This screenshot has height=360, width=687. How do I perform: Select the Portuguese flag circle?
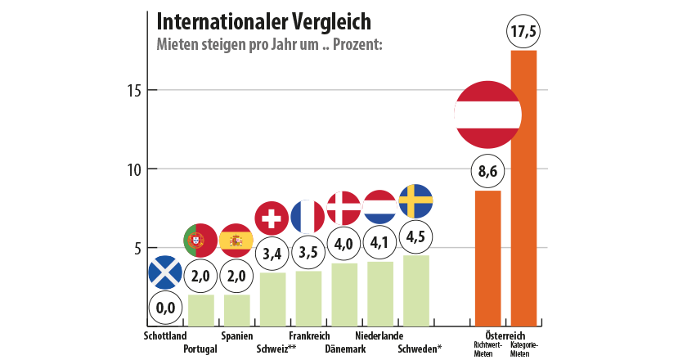coord(200,240)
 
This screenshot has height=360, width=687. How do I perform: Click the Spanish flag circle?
coord(236,240)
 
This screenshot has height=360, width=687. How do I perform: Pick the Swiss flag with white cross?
coord(272,218)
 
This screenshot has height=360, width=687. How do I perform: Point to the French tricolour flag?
coord(308,217)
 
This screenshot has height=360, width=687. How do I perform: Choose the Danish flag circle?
coord(343,208)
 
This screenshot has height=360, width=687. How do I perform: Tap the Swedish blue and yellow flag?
coord(415,201)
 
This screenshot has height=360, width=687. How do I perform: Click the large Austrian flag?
coord(488,115)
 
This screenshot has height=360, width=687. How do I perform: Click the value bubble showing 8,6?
coord(488,173)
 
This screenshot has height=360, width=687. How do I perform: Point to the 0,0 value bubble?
coord(165,308)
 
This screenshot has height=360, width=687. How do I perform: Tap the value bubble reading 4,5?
coord(415,237)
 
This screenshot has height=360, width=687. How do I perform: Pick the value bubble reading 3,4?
coord(272,254)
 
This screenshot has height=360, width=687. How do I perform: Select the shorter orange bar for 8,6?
coord(488,258)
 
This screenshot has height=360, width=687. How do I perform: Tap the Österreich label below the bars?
coord(506,335)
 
